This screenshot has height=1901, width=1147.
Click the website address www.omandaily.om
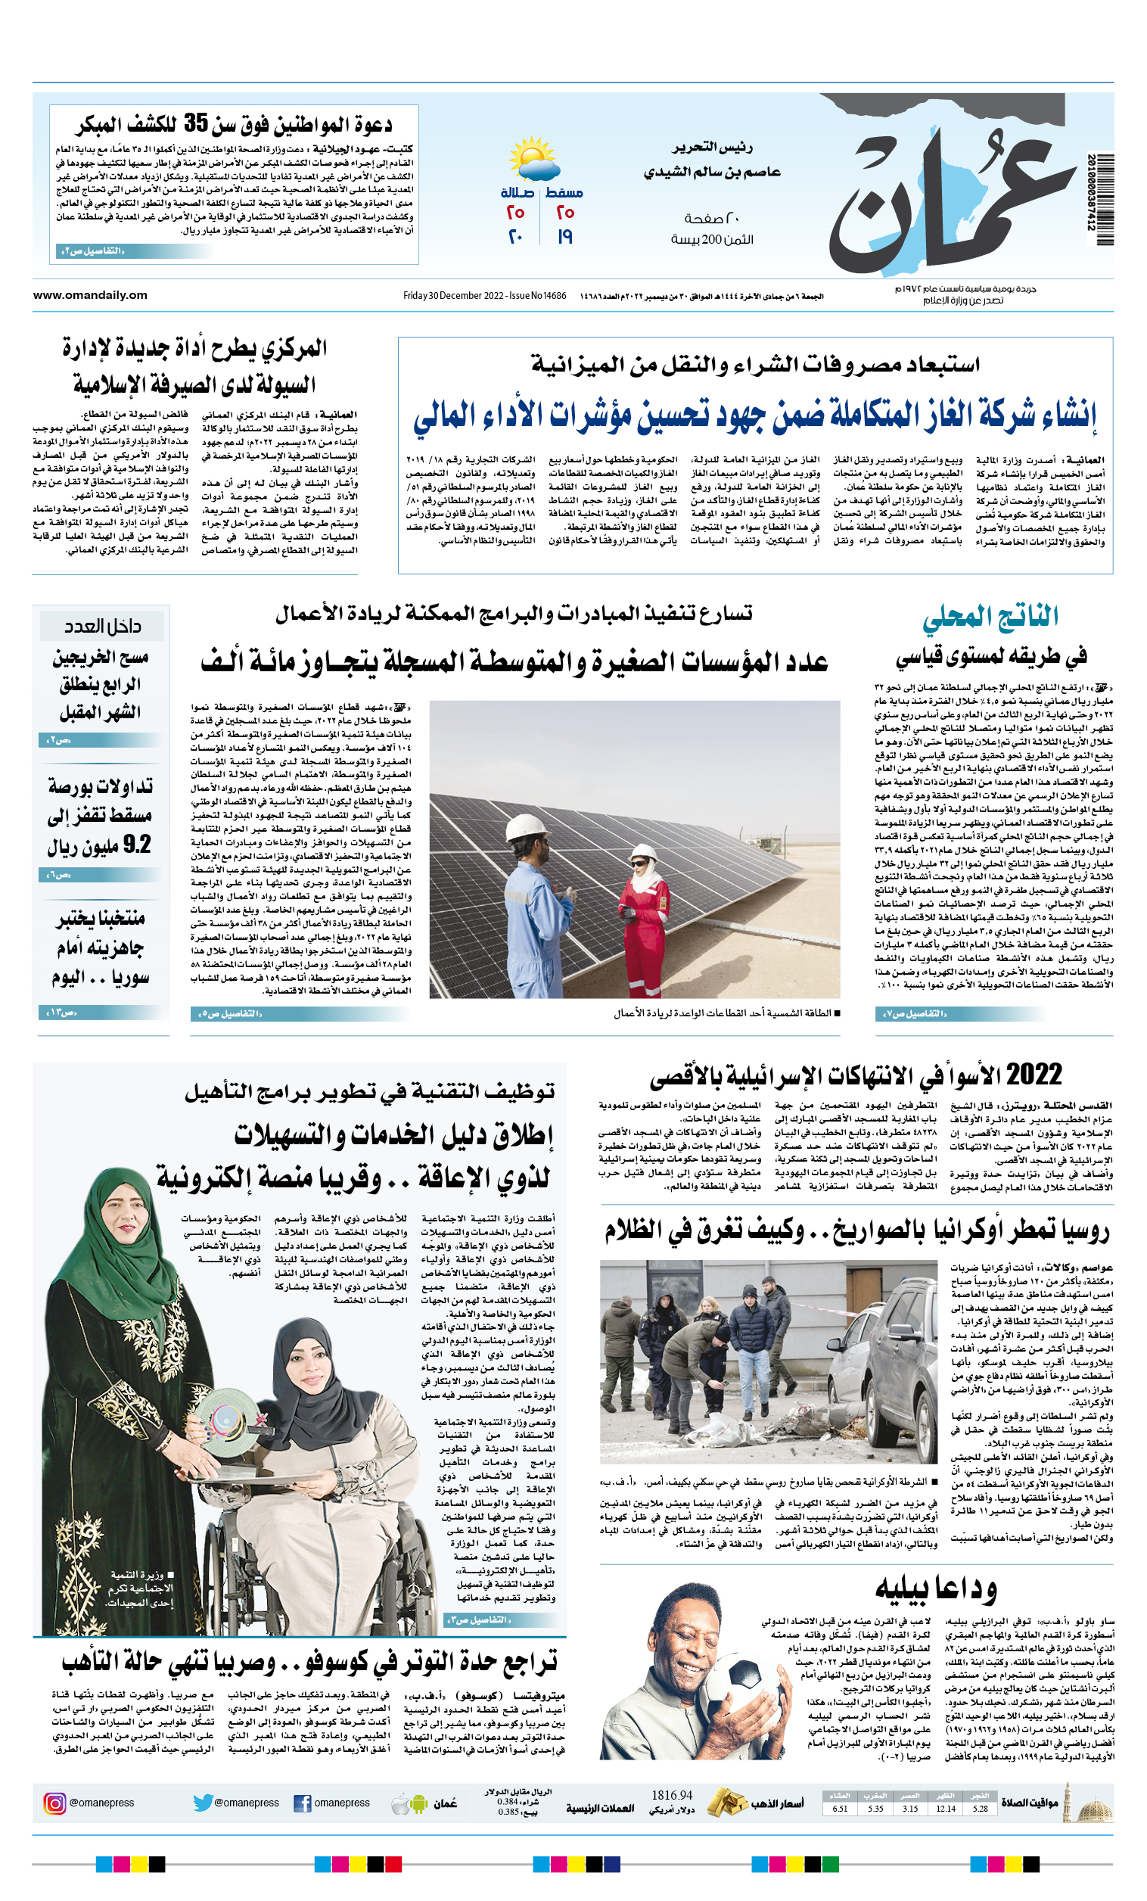pyautogui.click(x=90, y=294)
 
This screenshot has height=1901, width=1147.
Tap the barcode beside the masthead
pyautogui.click(x=1104, y=200)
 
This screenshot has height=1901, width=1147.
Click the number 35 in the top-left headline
pyautogui.click(x=196, y=123)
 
